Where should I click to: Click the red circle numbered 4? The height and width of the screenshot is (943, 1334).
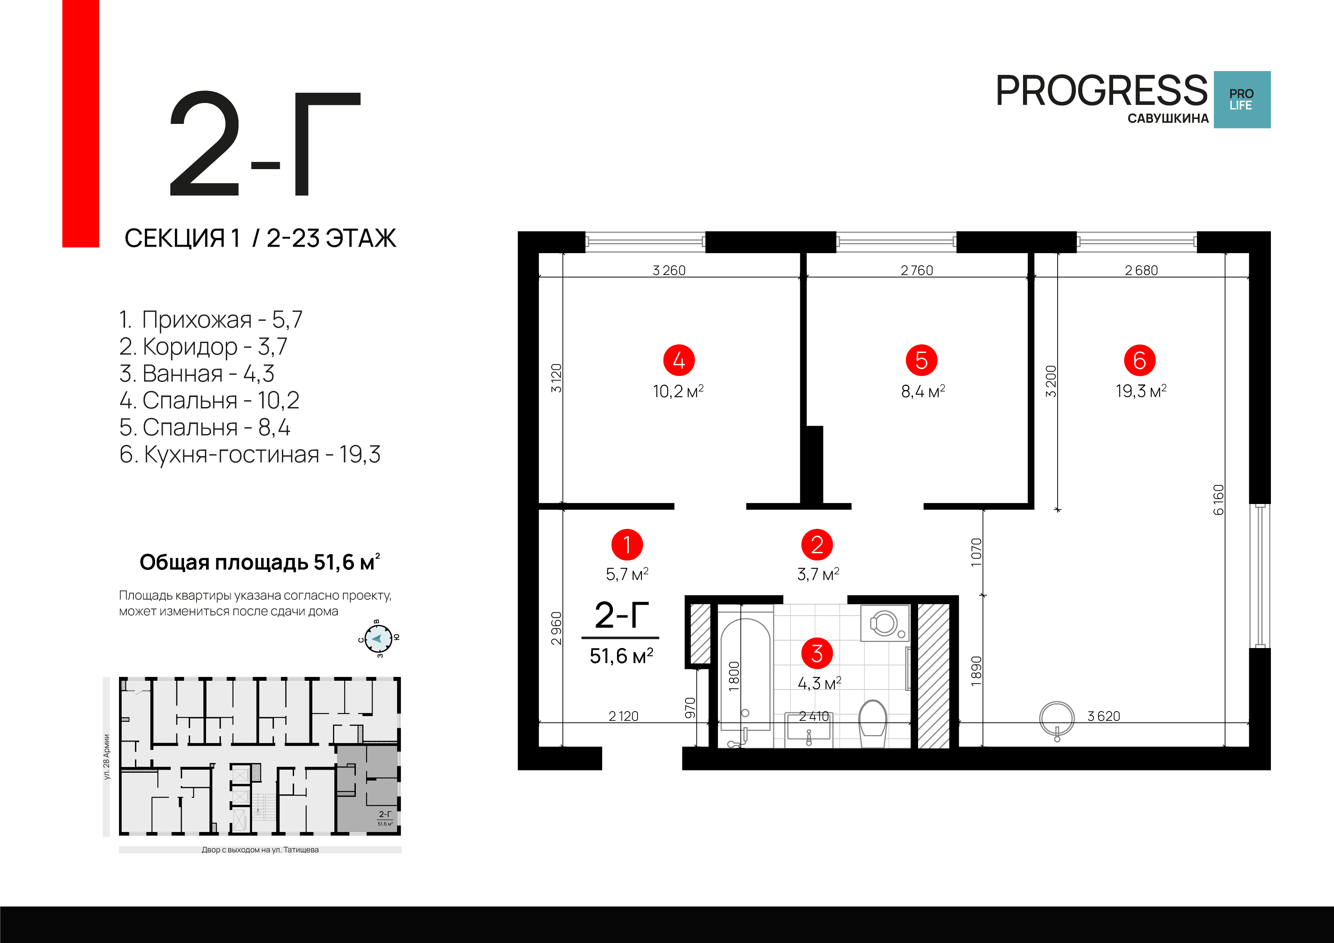coord(679,360)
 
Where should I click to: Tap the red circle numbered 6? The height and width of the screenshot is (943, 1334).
coord(1139,360)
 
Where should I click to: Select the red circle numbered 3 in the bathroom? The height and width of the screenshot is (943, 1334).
coord(816,653)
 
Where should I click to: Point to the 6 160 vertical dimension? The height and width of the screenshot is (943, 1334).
coord(1218,500)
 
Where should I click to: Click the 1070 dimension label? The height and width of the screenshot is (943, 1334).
coord(976,552)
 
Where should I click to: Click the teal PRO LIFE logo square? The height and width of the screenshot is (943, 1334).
coord(1242,99)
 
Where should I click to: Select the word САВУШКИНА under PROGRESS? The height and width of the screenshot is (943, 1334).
coord(1168,119)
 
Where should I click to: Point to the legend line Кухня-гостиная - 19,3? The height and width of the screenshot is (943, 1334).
coord(250,454)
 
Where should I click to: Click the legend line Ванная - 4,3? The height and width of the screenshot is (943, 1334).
coord(197,374)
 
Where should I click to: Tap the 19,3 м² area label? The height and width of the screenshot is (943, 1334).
coord(1140,391)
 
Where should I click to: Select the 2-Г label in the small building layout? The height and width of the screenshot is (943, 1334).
coord(385,815)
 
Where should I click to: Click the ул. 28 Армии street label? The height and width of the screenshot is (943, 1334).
coord(106,756)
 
